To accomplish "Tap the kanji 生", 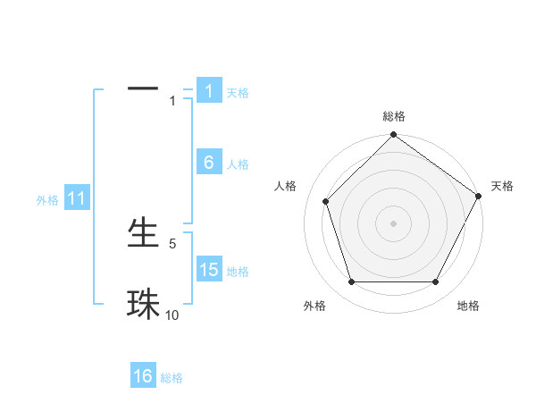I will pyautogui.click(x=143, y=233).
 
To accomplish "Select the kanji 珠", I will pyautogui.click(x=143, y=304).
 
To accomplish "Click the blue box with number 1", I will pyautogui.click(x=208, y=91).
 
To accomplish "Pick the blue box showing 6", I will pyautogui.click(x=208, y=163).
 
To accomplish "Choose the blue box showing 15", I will pyautogui.click(x=208, y=270).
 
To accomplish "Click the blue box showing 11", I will pyautogui.click(x=76, y=198).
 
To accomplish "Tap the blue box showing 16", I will pyautogui.click(x=143, y=376).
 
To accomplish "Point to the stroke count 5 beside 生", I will pyautogui.click(x=172, y=243).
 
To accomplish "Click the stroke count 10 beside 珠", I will pyautogui.click(x=172, y=315).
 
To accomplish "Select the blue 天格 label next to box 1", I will pyautogui.click(x=238, y=93).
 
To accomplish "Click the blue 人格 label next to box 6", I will pyautogui.click(x=238, y=164).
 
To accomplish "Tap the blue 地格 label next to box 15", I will pyautogui.click(x=238, y=272).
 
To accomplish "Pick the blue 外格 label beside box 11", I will pyautogui.click(x=47, y=200).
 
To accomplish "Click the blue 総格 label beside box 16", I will pyautogui.click(x=172, y=378).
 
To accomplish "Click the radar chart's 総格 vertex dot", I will pyautogui.click(x=393, y=136).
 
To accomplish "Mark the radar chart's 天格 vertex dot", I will pyautogui.click(x=478, y=196).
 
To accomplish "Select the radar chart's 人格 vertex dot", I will pyautogui.click(x=325, y=201).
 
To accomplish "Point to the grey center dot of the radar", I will pyautogui.click(x=393, y=223).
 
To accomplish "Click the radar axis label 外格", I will pyautogui.click(x=314, y=306).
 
